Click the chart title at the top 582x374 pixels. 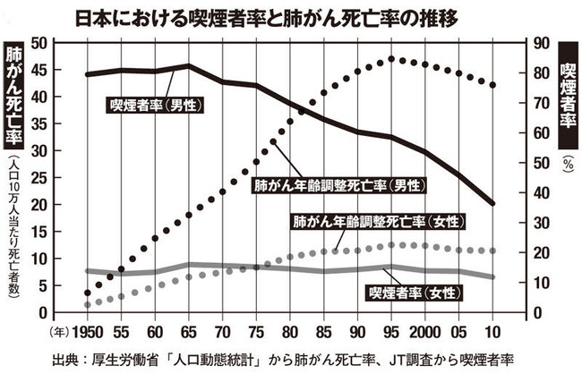tap(291, 17)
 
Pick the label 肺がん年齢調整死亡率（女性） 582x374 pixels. tap(366, 220)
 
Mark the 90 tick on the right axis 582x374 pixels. tap(541, 43)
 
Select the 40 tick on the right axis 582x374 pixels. tap(541, 192)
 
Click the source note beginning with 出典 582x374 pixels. tap(291, 358)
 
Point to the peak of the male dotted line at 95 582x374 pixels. tap(391, 60)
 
